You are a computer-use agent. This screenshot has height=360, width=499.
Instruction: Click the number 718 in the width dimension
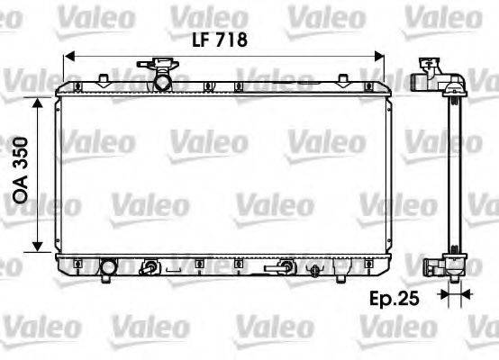(231, 39)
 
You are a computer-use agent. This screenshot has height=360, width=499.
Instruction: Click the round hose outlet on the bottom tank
(109, 267)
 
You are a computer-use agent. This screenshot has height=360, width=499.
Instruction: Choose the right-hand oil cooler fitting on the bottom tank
(285, 266)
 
